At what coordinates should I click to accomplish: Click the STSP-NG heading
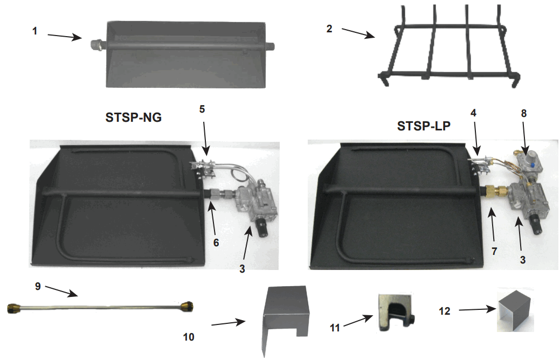[133, 117]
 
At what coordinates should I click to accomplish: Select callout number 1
[34, 31]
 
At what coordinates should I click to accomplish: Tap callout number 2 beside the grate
[329, 29]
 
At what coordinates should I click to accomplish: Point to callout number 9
[38, 287]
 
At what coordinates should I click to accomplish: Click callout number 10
[188, 337]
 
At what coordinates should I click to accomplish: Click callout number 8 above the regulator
[523, 113]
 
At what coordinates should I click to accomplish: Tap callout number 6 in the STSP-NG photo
[216, 243]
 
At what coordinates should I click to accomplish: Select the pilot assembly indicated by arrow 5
[204, 168]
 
